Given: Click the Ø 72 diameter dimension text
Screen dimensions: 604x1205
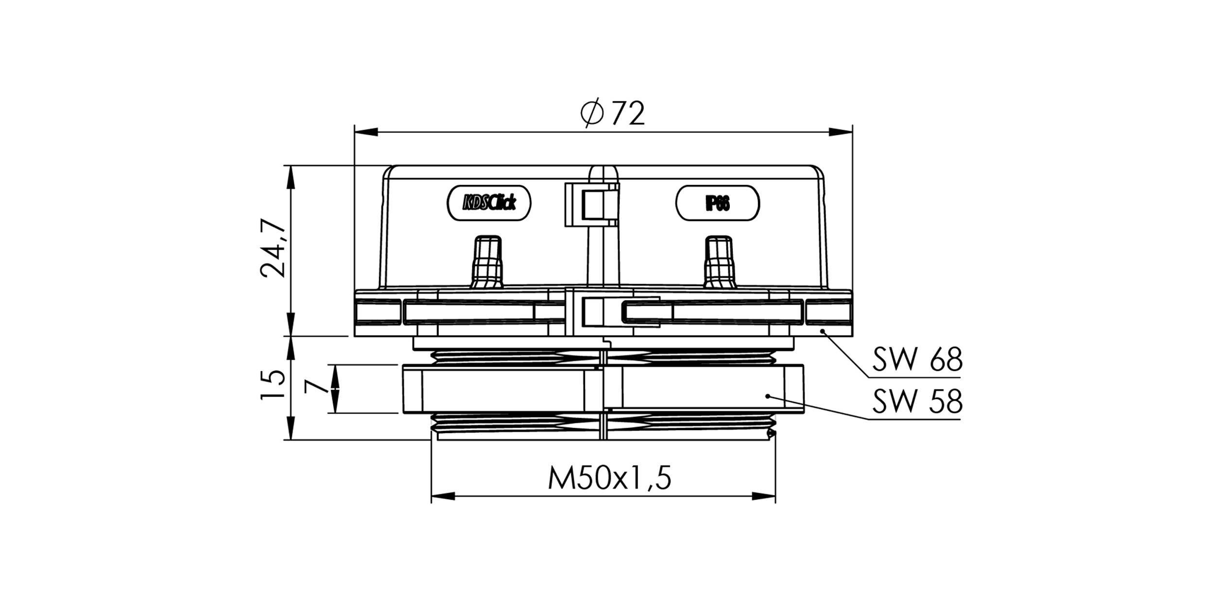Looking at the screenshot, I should (613, 114).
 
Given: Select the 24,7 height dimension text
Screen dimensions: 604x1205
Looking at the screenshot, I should (273, 248).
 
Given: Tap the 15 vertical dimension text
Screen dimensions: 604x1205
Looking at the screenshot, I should (273, 385).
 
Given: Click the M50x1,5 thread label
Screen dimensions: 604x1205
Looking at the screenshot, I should (609, 478).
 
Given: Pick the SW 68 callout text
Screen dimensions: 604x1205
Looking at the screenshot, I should (917, 360).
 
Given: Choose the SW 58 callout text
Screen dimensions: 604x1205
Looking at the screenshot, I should (917, 402).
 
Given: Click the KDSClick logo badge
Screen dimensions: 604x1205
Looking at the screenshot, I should (489, 203).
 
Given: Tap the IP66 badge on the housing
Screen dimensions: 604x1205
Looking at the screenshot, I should (717, 203).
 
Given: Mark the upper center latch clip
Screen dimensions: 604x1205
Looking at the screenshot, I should (592, 204).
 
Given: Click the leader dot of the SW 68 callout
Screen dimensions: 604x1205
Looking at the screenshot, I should (823, 331).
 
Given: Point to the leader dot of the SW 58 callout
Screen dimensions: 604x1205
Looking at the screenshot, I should (767, 396).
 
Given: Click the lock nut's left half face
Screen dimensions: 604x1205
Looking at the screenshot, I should (503, 390).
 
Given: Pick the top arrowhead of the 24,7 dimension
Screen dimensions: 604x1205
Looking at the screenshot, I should (291, 177).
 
